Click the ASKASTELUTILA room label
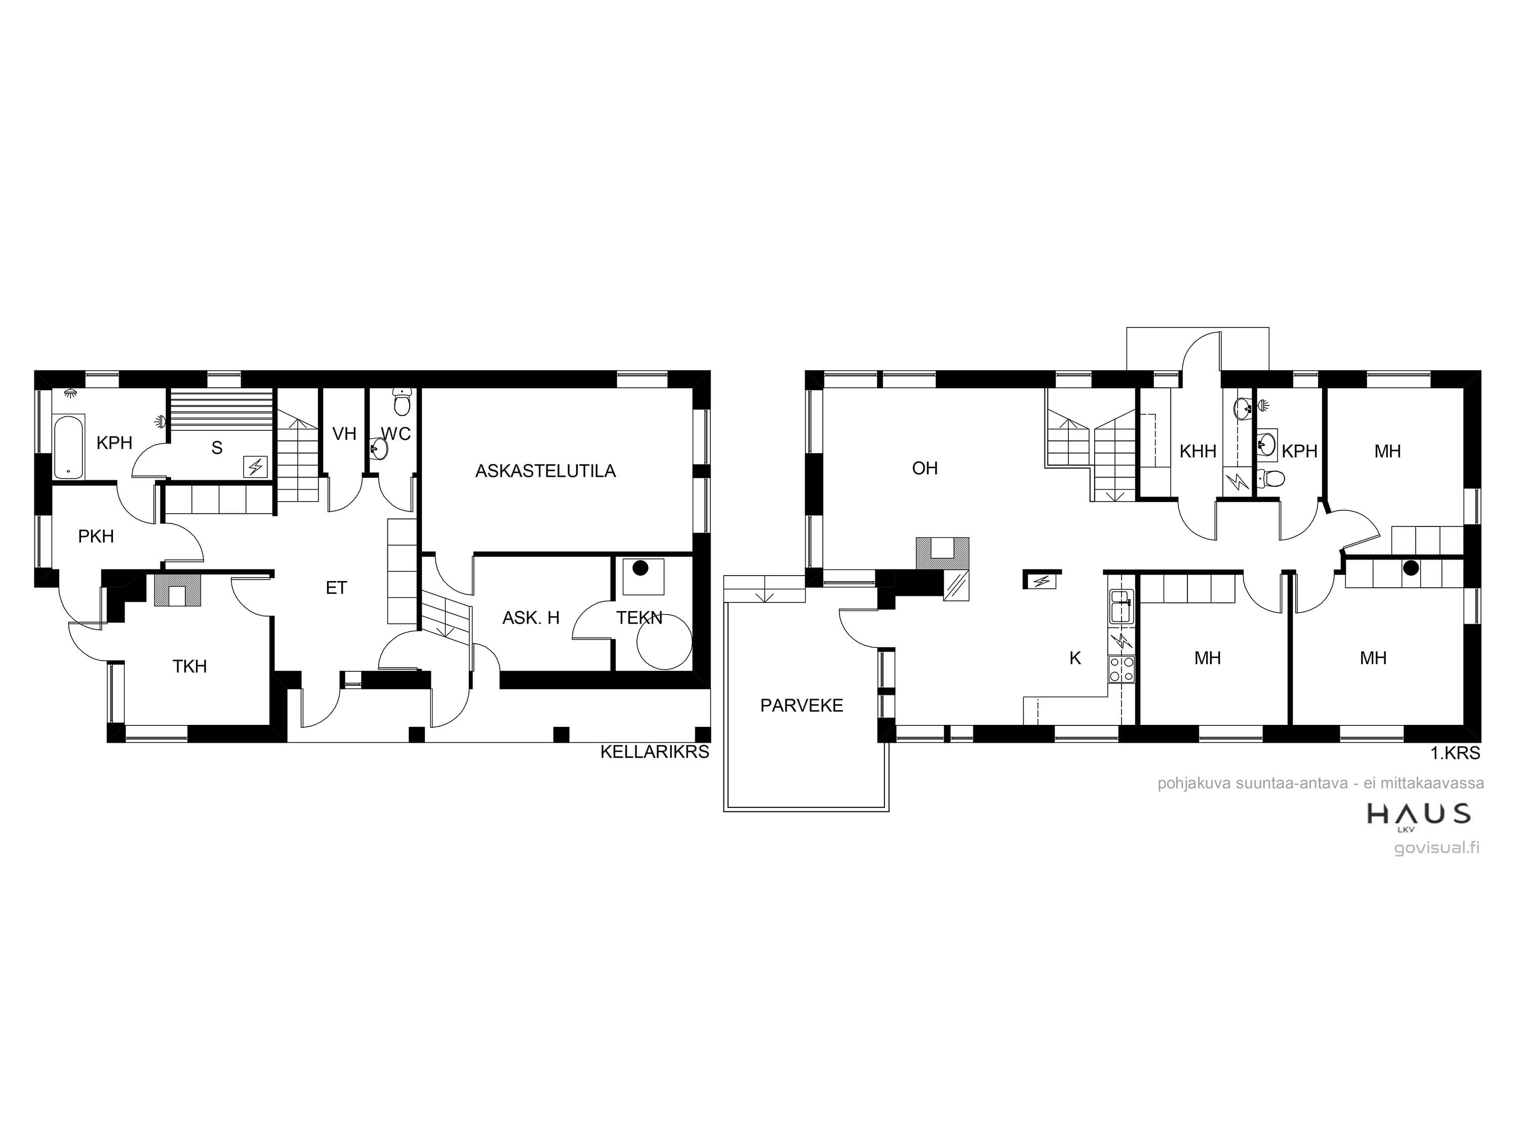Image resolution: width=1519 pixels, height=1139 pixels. (545, 471)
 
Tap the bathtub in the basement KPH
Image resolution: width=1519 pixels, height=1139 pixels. (69, 446)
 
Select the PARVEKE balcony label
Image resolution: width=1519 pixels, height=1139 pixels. (802, 705)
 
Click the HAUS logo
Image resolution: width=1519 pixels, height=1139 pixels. (1419, 814)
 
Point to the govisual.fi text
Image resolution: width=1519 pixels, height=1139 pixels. (1436, 848)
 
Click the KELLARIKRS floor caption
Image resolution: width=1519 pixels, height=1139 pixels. (654, 752)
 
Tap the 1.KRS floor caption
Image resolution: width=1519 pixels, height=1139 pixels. (1455, 753)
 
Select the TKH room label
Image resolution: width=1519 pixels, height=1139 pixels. (189, 666)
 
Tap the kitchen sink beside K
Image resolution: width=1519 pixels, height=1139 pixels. (1121, 606)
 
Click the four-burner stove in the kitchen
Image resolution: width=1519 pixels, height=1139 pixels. (1121, 669)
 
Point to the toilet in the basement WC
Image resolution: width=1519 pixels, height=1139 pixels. (402, 401)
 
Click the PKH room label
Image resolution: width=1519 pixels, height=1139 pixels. (96, 536)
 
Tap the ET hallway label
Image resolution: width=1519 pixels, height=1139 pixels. (337, 588)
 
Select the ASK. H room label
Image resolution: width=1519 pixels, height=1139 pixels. (531, 618)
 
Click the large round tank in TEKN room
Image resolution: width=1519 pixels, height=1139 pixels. (664, 642)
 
